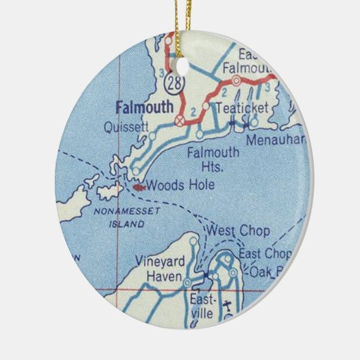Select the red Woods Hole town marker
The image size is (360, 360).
point(139,184)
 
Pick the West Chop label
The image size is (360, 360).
point(239,231)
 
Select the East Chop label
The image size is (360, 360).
point(266,253)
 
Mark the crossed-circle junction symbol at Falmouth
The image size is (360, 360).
point(179,120)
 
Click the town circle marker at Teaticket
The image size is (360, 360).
point(204,106)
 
